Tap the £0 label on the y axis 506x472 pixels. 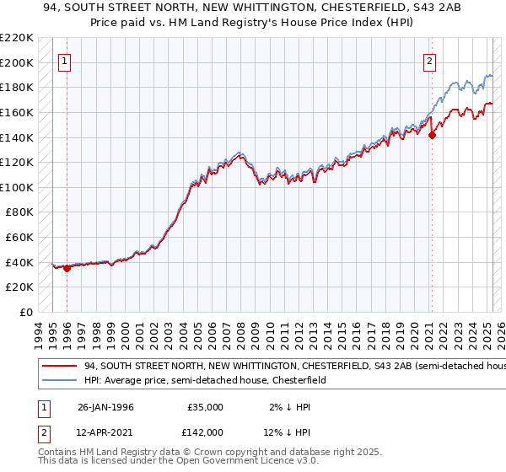(x=26, y=312)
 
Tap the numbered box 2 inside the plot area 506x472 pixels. (x=430, y=60)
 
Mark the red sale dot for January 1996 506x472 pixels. (x=67, y=268)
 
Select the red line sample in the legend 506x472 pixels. (x=58, y=366)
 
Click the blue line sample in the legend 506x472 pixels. (x=58, y=380)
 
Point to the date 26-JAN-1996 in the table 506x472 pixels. (x=105, y=407)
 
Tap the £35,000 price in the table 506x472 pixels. (x=205, y=407)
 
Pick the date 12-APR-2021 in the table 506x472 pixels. (x=105, y=432)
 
